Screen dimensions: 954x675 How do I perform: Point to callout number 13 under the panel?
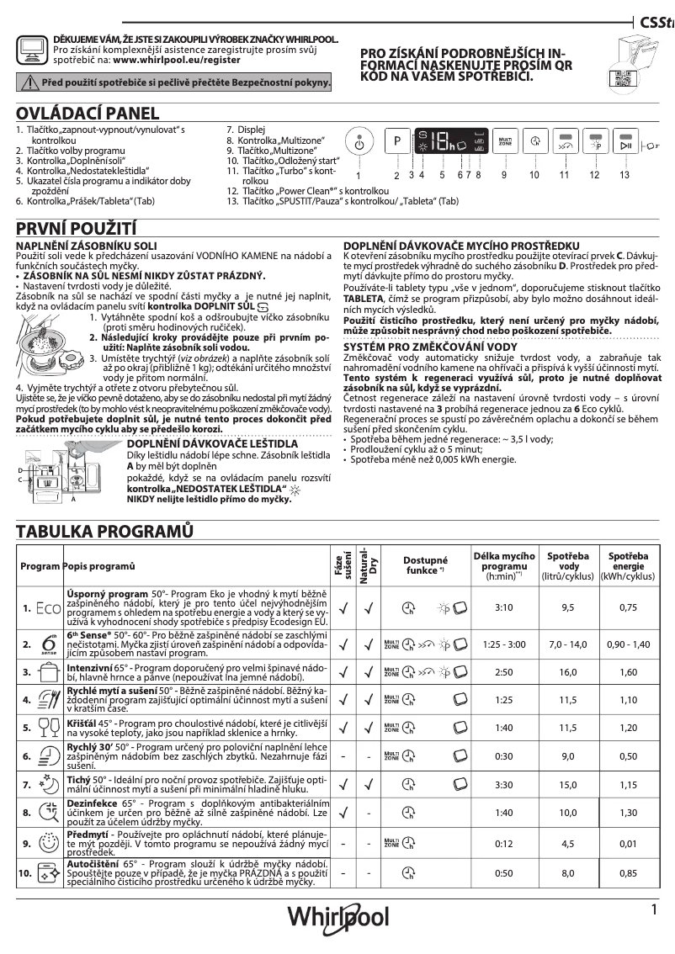[624, 174]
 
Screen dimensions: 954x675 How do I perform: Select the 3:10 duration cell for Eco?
[504, 607]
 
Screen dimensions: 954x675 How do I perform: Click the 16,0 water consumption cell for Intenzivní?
[568, 672]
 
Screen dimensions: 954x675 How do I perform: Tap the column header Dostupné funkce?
[425, 564]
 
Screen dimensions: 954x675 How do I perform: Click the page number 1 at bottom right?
[653, 909]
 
